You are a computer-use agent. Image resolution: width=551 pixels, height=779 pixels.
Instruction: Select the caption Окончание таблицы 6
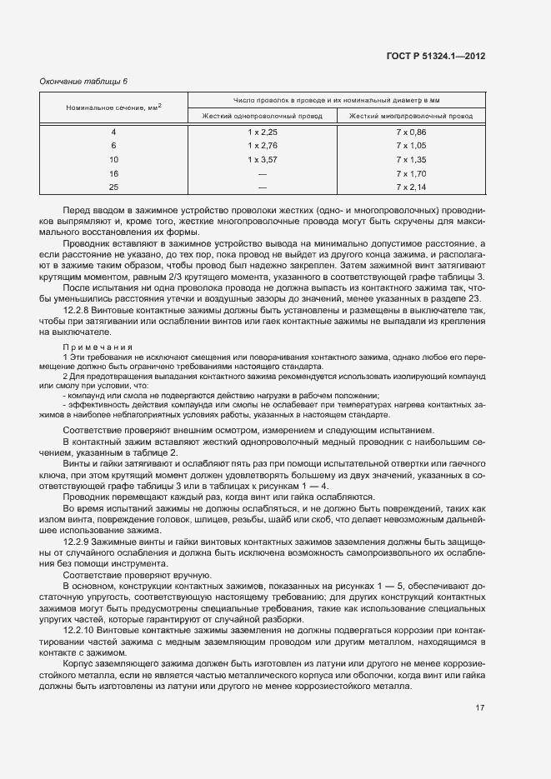pos(83,81)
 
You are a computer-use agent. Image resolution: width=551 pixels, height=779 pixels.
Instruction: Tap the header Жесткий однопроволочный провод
pos(262,116)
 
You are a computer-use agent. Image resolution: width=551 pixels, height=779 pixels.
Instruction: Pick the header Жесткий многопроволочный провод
pos(410,116)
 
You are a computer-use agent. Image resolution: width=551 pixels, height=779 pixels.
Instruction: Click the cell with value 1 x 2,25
pos(262,132)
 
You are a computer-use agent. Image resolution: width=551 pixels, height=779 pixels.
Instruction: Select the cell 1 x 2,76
pos(262,145)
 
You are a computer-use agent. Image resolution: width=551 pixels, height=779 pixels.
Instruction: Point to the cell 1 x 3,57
pos(262,159)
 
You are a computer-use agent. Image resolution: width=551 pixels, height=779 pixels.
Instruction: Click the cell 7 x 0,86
pos(411,132)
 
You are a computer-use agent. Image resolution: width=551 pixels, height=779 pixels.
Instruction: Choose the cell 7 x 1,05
pos(411,145)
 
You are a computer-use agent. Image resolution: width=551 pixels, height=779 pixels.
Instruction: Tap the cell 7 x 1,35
pos(411,159)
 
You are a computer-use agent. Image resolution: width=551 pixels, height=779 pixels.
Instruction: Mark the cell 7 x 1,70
pos(411,173)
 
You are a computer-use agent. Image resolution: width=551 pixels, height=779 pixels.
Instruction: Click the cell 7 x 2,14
pos(411,187)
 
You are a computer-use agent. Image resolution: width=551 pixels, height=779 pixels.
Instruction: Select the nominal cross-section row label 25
pos(114,187)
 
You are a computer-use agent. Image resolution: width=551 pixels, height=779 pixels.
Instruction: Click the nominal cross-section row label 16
pos(114,173)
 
